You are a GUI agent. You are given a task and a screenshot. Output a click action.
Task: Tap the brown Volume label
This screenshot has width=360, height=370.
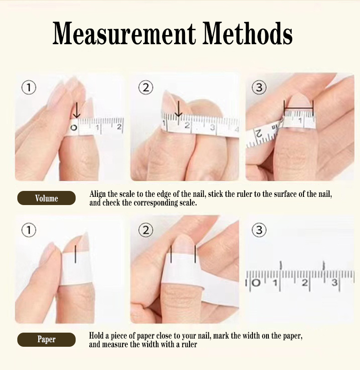[x=46, y=198]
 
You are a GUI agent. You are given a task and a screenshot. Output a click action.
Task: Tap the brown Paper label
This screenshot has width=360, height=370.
[x=46, y=339]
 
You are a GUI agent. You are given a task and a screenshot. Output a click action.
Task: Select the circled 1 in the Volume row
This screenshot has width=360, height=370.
[x=29, y=87]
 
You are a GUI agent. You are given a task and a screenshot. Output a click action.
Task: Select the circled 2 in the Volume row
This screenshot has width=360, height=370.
[x=145, y=87]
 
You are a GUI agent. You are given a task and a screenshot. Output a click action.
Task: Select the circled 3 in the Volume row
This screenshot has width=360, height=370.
[x=259, y=87]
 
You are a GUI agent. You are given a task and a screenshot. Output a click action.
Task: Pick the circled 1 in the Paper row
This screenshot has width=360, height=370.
[x=29, y=230]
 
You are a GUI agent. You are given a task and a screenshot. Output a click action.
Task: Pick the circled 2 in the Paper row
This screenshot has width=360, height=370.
[x=145, y=230]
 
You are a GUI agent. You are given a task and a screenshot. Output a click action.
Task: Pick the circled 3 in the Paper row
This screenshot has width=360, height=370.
[x=259, y=230]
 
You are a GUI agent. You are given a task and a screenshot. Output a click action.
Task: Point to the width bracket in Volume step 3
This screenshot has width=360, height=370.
[x=298, y=109]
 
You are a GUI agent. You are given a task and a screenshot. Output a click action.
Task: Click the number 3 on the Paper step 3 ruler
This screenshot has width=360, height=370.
[x=334, y=283]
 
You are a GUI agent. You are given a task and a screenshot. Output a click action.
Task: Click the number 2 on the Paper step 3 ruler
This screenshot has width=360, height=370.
[x=304, y=283]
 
